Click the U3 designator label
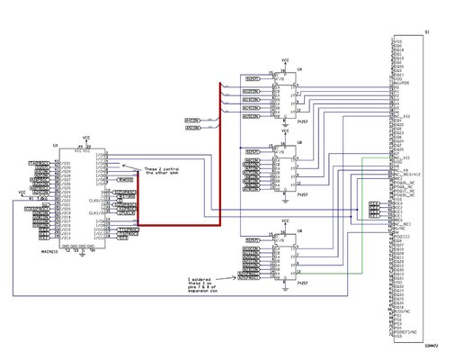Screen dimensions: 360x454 pyautogui.click(x=56, y=144)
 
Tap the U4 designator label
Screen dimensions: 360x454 pyautogui.click(x=299, y=69)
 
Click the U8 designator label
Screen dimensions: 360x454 pyautogui.click(x=299, y=231)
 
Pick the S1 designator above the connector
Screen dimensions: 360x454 pyautogui.click(x=426, y=32)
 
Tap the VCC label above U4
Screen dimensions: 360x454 pyautogui.click(x=284, y=65)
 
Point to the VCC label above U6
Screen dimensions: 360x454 pyautogui.click(x=284, y=131)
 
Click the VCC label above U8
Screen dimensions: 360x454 pyautogui.click(x=284, y=220)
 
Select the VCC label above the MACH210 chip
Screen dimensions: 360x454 pyautogui.click(x=86, y=138)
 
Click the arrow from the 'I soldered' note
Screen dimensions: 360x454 pyautogui.click(x=236, y=276)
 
